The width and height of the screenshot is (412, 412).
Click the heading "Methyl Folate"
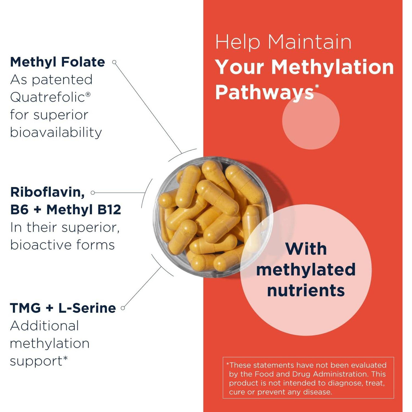coord(57,62)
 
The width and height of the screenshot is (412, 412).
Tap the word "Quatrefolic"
coord(48,97)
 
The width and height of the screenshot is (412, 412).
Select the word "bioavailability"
coord(56,132)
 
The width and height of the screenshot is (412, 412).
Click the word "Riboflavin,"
coord(48,192)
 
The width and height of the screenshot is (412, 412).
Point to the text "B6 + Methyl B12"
coord(66,210)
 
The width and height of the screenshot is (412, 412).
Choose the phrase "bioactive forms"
coord(62,245)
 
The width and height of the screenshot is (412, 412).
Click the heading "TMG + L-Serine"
coord(63,308)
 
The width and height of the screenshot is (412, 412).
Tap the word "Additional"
coord(44,326)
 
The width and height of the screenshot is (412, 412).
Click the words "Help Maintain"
coord(283,42)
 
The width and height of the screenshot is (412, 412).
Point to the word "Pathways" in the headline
coord(264,92)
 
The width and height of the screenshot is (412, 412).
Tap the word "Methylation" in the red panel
coord(332,67)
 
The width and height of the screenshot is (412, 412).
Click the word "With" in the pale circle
coord(306,249)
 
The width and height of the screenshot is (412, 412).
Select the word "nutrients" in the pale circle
coord(306,290)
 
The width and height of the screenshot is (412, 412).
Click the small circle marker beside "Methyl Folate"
coord(114,62)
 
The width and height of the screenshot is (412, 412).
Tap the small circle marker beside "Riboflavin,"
coord(93,193)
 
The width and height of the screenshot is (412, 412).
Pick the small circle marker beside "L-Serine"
coord(123,308)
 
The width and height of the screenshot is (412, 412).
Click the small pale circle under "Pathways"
coord(311,121)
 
